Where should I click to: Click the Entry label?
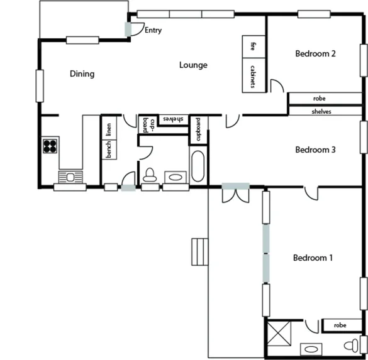[x=153, y=30]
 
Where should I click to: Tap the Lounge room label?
[x=193, y=65]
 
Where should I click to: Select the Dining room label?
[x=82, y=74]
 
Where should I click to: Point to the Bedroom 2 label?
[x=315, y=54]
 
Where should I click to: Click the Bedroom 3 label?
[x=315, y=150]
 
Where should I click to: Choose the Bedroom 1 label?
[x=313, y=258]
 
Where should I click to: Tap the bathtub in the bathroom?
[x=198, y=166]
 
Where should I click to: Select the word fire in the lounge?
[x=253, y=46]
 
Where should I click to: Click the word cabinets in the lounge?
[x=253, y=76]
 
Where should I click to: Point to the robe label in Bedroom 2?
[x=320, y=99]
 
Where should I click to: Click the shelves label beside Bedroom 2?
[x=321, y=111]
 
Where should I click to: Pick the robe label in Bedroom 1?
[x=340, y=325]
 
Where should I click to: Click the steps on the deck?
[x=200, y=252]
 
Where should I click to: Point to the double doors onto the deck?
[x=236, y=193]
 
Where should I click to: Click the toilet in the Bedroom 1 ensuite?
[x=352, y=344]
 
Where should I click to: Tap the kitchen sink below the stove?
[x=68, y=177]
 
